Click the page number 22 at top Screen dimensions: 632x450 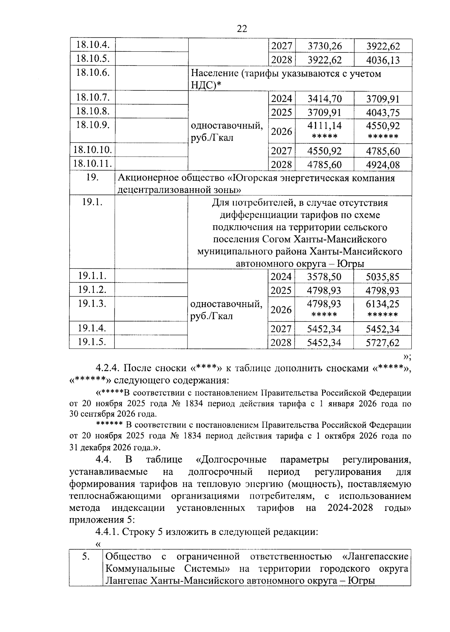[242, 28]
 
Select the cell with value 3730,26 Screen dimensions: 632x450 [324, 46]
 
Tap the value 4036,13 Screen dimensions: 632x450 [383, 60]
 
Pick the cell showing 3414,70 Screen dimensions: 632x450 [324, 99]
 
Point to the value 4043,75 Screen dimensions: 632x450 [383, 112]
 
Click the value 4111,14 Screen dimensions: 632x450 [324, 126]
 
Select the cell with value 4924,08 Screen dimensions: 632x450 [383, 165]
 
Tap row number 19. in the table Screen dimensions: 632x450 [92, 177]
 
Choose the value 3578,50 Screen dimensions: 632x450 [324, 277]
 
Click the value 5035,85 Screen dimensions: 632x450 [382, 277]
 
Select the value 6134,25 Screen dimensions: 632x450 [382, 304]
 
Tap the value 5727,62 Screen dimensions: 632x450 [382, 343]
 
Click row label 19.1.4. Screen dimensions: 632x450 [92, 328]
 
